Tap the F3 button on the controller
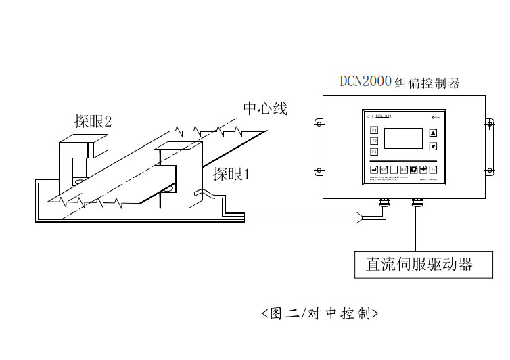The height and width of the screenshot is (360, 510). tap(374, 152)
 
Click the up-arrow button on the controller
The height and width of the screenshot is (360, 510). tap(434, 133)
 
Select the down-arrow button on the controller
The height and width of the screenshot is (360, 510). tap(434, 146)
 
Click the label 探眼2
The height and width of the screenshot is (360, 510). tap(93, 121)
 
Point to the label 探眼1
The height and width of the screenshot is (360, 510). tap(232, 174)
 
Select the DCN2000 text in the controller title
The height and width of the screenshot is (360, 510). tap(365, 81)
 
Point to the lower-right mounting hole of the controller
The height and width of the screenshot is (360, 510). tap(490, 170)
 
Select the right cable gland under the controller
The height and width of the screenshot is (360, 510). tap(417, 201)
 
